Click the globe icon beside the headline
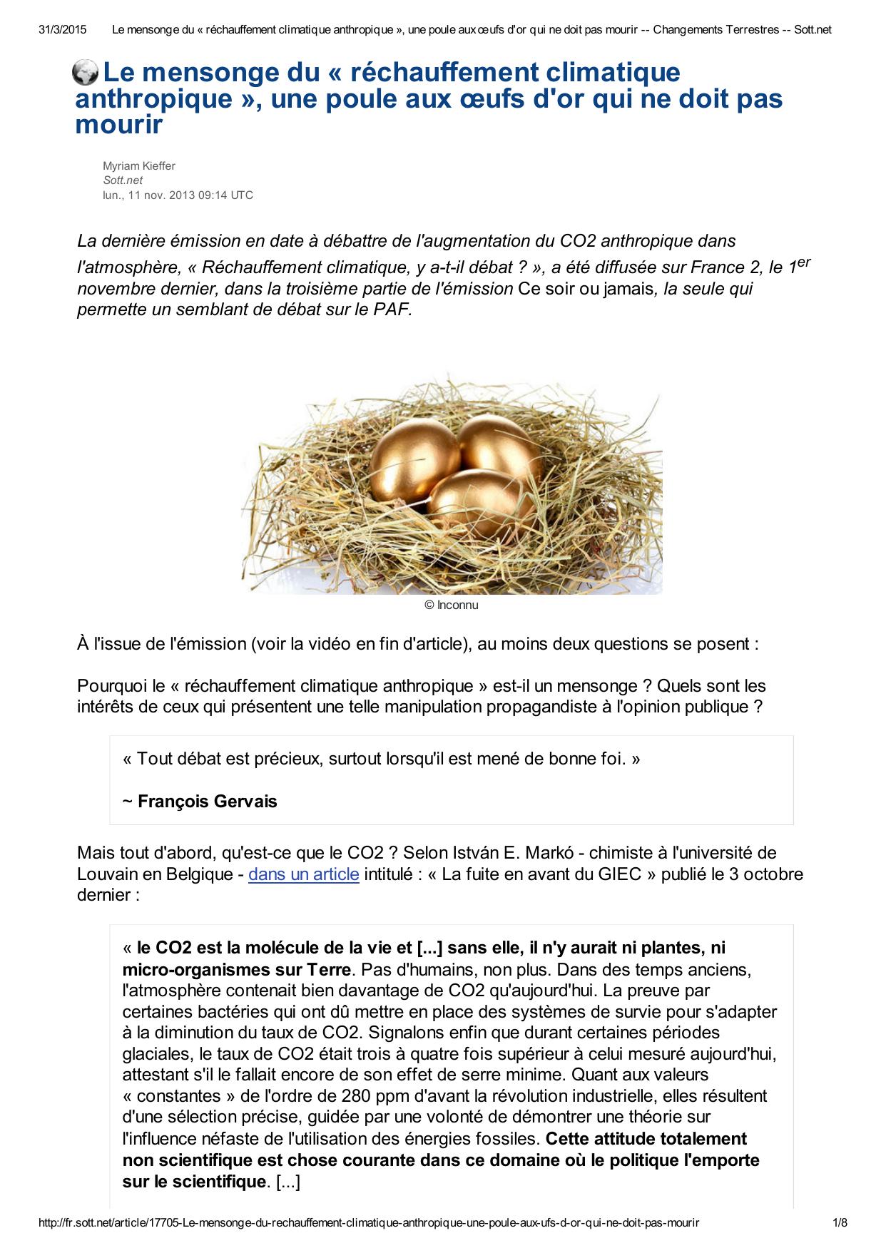(86, 73)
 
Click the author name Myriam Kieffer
(139, 166)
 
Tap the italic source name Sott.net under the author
(123, 180)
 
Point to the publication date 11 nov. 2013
(168, 195)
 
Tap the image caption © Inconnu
(451, 605)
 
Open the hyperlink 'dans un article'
(303, 874)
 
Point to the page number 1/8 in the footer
(840, 1222)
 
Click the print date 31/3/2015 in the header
(63, 29)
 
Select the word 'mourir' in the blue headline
(119, 126)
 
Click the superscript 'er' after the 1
(803, 262)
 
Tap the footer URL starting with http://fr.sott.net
(369, 1222)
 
